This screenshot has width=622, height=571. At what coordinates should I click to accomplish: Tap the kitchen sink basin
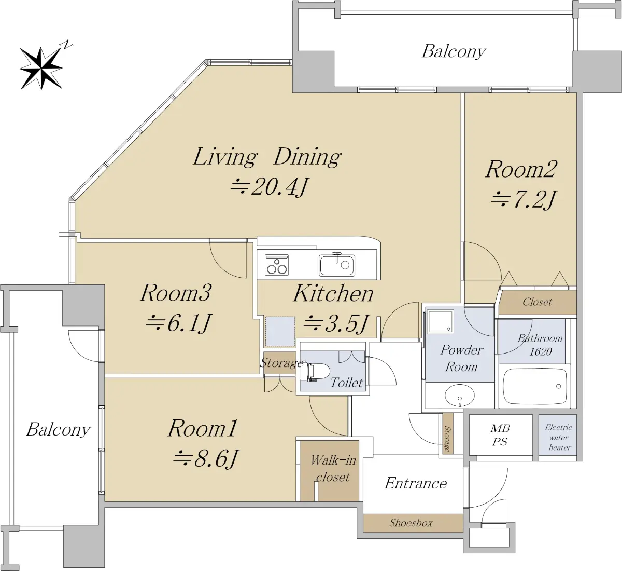(x=337, y=265)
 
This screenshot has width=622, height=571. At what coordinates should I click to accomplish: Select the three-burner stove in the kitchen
(x=277, y=265)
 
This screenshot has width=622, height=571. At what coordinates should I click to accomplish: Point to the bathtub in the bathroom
(x=535, y=386)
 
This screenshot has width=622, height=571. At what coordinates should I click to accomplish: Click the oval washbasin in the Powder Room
(x=460, y=396)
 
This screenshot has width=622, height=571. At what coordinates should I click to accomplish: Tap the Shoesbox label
(x=411, y=523)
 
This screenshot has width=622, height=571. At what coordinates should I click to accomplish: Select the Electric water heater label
(x=559, y=438)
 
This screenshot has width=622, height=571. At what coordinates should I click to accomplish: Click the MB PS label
(x=500, y=435)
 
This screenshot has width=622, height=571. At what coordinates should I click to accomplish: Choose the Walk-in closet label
(x=333, y=469)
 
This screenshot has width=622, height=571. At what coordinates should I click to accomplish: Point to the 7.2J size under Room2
(x=522, y=199)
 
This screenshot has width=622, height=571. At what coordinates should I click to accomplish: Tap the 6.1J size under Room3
(x=178, y=323)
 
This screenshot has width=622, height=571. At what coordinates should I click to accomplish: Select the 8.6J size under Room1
(x=206, y=458)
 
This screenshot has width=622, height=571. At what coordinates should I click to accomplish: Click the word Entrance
(x=416, y=483)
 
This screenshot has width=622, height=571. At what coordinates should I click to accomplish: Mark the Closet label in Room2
(x=537, y=302)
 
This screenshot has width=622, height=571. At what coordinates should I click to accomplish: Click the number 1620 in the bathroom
(x=541, y=351)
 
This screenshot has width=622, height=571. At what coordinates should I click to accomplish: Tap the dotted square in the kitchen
(x=280, y=331)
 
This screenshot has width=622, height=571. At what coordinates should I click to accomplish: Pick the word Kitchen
(x=333, y=293)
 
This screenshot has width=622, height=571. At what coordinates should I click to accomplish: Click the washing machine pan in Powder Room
(x=440, y=321)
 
